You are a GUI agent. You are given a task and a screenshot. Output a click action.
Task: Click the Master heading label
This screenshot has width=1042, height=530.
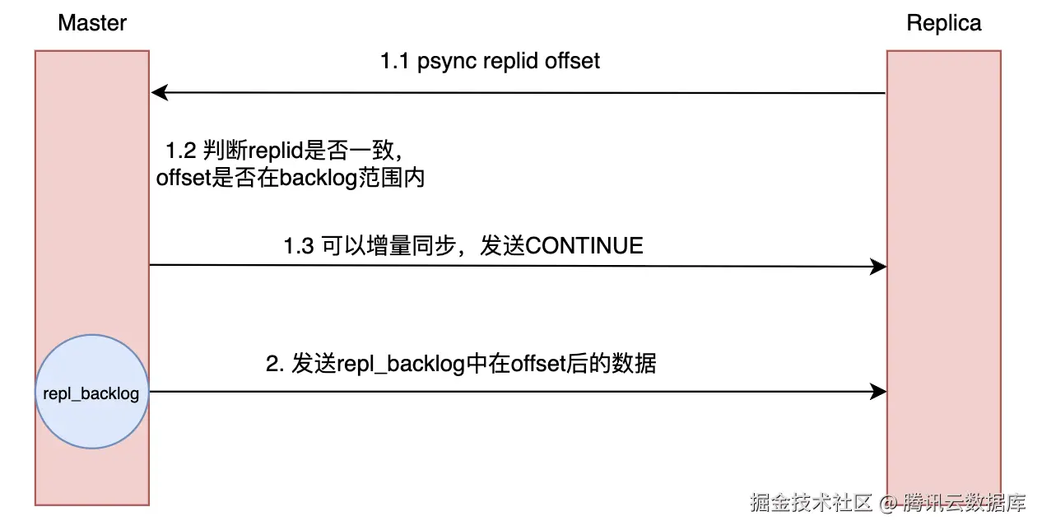[x=92, y=23]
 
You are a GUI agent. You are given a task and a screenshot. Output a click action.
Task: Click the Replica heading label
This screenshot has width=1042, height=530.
[x=943, y=23]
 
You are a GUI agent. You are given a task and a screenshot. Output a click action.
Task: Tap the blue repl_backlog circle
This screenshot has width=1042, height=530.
[x=91, y=393]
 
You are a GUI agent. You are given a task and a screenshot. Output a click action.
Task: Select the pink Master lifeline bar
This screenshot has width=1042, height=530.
[x=91, y=206]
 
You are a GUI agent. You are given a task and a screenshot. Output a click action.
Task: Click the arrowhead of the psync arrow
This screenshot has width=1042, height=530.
[x=157, y=93]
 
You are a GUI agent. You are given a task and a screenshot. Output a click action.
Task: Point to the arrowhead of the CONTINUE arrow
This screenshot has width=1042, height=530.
[x=879, y=266]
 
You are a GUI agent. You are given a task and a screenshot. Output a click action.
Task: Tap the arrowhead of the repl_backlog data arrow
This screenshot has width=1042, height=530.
[x=879, y=393]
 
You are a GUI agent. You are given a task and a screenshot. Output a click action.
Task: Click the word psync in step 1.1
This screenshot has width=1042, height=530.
[x=444, y=62]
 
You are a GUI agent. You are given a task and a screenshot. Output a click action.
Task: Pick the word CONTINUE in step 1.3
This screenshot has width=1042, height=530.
[x=584, y=246]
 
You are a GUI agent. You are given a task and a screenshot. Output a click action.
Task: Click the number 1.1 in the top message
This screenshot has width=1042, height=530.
[x=394, y=62]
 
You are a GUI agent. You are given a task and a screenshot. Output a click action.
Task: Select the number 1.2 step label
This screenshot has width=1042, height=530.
[x=180, y=151]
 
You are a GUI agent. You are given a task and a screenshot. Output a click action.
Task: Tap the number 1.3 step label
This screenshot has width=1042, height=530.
[x=298, y=246]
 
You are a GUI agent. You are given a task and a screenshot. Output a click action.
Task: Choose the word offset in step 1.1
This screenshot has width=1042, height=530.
[x=572, y=62]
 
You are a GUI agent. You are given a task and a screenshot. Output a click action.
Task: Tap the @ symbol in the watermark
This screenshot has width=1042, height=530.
[x=887, y=502]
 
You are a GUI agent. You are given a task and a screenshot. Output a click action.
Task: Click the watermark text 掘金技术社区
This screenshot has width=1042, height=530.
[x=811, y=502]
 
